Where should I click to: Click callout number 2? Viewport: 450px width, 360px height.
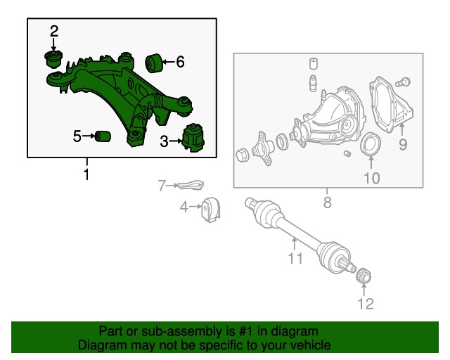tap(54, 31)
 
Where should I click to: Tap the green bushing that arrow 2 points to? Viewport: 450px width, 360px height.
tap(53, 59)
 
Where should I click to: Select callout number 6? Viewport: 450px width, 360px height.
tap(180, 62)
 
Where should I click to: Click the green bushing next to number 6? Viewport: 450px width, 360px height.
tap(154, 63)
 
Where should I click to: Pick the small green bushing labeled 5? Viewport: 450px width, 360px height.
tap(103, 136)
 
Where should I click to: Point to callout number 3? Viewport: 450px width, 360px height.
tap(164, 141)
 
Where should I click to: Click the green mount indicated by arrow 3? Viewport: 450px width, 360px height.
tap(193, 138)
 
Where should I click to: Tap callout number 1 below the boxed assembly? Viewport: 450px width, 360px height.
tap(86, 174)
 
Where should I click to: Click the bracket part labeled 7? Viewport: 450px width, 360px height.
tap(191, 185)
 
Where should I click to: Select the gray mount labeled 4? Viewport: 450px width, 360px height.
tap(211, 210)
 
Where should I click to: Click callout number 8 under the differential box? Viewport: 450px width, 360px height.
tap(327, 202)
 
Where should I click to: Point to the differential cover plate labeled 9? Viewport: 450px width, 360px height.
tap(391, 105)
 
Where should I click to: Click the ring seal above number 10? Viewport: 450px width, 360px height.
tap(371, 144)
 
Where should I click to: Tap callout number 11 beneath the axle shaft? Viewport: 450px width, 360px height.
tap(295, 258)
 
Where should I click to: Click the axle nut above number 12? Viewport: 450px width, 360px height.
tap(364, 276)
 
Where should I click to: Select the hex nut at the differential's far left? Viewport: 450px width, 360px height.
tap(242, 155)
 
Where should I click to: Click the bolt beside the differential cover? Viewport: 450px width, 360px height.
tap(403, 83)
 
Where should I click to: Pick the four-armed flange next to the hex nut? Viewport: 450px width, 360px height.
tap(262, 148)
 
